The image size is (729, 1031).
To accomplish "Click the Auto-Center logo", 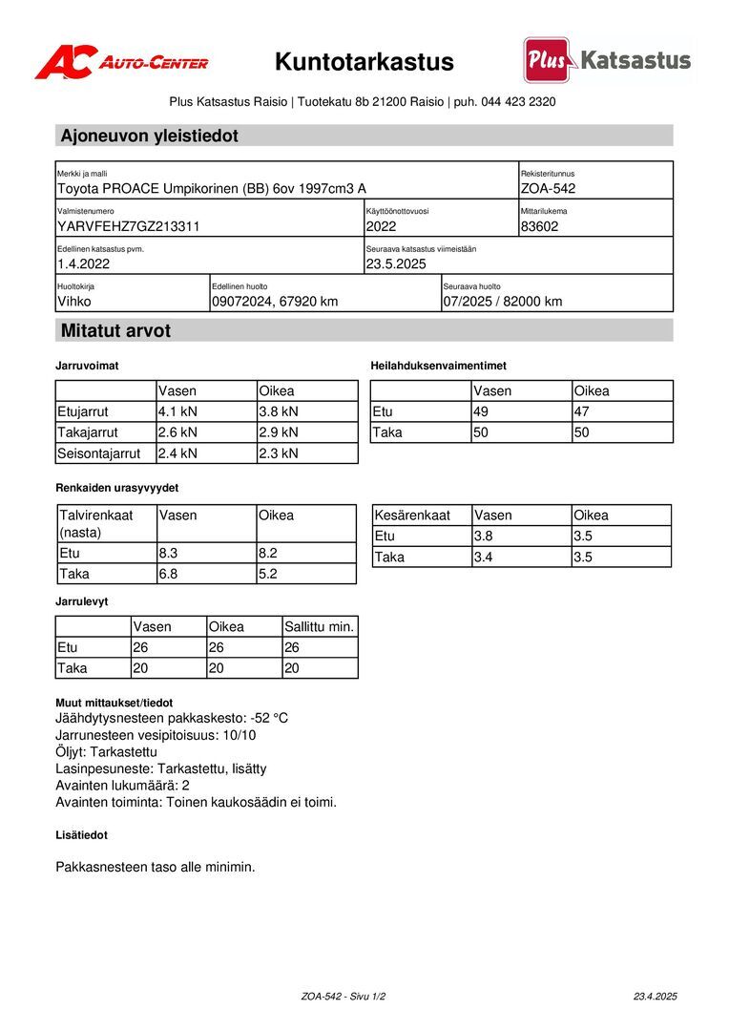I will (x=121, y=62).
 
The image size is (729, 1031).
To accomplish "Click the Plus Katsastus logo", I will (x=607, y=60).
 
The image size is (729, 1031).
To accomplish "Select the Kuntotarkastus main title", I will (x=364, y=62).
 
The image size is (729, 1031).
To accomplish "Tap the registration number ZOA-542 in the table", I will (x=549, y=189).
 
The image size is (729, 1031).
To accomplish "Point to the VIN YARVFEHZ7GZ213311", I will (x=129, y=227).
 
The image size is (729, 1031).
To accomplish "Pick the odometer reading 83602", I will (x=540, y=227).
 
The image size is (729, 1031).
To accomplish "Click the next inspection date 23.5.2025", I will (x=396, y=264).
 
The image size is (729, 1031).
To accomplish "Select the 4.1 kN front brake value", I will (x=177, y=412).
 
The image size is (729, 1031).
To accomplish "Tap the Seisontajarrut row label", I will (x=99, y=454).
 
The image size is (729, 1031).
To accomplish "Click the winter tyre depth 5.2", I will (x=268, y=574).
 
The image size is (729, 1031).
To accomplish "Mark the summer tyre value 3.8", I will (x=486, y=537).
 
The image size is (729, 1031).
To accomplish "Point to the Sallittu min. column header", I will (x=320, y=627).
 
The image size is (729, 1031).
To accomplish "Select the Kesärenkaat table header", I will (x=412, y=515).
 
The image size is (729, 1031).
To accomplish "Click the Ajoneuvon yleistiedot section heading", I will (x=150, y=136).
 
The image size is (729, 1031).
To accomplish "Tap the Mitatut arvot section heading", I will (x=116, y=331).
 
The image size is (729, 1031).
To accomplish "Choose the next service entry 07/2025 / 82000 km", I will (x=503, y=302).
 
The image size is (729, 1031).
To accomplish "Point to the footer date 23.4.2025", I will (x=655, y=997).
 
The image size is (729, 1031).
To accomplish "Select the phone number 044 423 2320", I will (x=519, y=102).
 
